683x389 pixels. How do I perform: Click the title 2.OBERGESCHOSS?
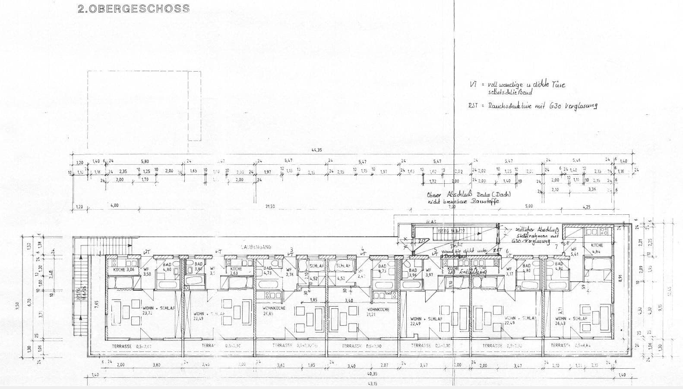pyautogui.click(x=133, y=8)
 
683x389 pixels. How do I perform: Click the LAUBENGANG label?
pyautogui.click(x=256, y=247)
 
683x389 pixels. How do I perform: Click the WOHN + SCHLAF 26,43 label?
pyautogui.click(x=571, y=320)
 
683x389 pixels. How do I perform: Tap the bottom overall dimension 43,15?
pyautogui.click(x=372, y=383)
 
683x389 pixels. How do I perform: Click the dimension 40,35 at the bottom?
pyautogui.click(x=372, y=374)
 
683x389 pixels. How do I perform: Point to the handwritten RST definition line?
pyautogui.click(x=533, y=106)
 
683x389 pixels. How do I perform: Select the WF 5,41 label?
pyautogui.click(x=574, y=252)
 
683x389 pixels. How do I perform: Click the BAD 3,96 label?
pyautogui.click(x=413, y=273)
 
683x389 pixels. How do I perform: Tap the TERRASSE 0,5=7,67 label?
pyautogui.click(x=131, y=346)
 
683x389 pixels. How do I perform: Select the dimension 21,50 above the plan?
pyautogui.click(x=270, y=207)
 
